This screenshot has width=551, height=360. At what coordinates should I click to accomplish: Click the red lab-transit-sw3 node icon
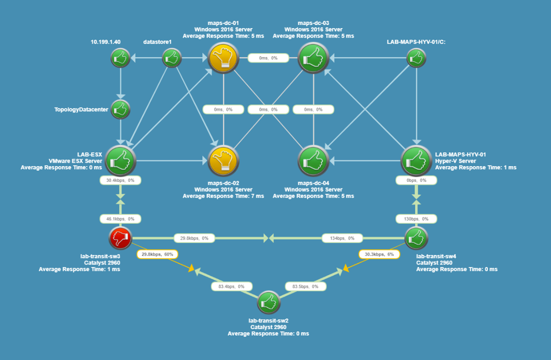point(120,238)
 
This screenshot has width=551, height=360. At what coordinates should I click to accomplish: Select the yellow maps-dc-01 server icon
point(223,58)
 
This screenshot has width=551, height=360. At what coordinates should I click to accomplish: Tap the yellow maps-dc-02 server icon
point(223,160)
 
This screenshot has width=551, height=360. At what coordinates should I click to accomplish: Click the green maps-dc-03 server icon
point(313,58)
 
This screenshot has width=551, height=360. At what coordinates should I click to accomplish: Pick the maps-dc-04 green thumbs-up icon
point(313,160)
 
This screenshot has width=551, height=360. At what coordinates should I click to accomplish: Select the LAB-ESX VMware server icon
point(120,160)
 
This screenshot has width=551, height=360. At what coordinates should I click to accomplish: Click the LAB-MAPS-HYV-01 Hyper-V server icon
point(416,160)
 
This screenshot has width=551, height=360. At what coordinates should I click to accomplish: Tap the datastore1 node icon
point(172,58)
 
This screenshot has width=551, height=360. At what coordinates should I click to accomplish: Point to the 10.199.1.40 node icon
point(120,58)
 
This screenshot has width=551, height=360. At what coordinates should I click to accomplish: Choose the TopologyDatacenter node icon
point(120,110)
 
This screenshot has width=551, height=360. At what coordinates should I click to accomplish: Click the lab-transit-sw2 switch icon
point(269,303)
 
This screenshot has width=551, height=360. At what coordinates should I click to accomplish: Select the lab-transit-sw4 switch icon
point(416,238)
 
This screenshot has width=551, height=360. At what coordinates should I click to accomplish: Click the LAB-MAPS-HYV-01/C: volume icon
point(416,58)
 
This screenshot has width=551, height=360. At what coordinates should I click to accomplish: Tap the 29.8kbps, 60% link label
point(157,254)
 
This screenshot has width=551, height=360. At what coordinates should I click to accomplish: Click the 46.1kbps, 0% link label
point(120,219)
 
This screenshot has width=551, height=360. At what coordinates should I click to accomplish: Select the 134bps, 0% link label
point(342,238)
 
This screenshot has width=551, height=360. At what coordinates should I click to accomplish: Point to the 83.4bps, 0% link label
point(232,286)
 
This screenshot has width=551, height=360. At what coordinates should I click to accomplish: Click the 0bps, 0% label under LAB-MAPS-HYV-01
point(416,180)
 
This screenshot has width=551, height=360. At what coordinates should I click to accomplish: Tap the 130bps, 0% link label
point(416,219)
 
